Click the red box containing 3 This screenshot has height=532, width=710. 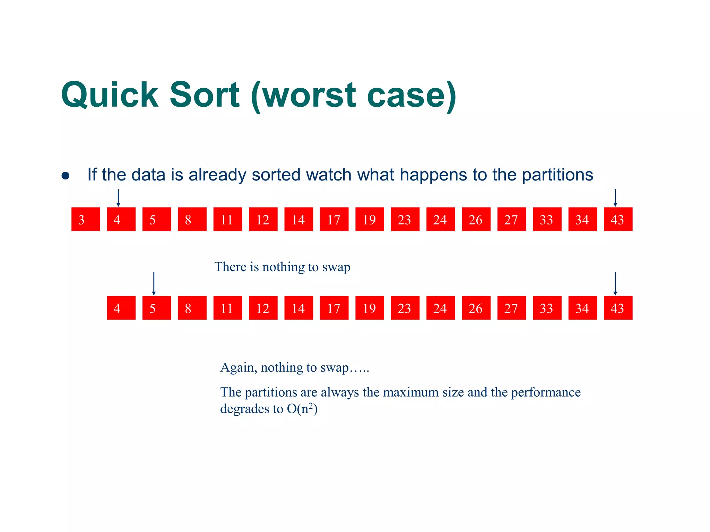(x=86, y=219)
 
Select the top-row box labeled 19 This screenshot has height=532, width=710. (x=370, y=219)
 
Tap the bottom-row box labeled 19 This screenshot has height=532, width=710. (x=370, y=308)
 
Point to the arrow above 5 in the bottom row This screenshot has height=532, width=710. (x=154, y=284)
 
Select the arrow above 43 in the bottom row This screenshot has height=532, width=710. (x=615, y=284)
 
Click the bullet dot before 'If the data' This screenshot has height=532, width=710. (x=66, y=176)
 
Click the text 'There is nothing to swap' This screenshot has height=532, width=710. (x=282, y=267)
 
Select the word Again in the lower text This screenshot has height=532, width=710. (x=239, y=367)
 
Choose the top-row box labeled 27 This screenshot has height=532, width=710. (x=512, y=219)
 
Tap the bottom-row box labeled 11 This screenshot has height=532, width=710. (x=227, y=308)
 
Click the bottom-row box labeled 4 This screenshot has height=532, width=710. (x=121, y=308)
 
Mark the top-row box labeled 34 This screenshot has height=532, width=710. (x=583, y=219)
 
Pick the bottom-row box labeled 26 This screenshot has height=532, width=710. (x=476, y=308)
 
